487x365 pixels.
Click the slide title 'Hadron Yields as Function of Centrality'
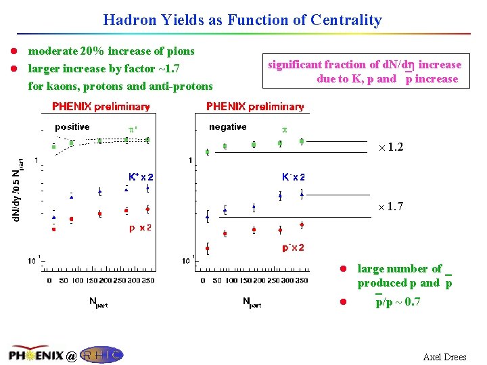tap(242, 20)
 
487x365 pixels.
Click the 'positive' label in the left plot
tap(72, 127)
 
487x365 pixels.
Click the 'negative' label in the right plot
tap(227, 127)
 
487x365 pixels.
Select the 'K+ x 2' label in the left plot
tap(141, 177)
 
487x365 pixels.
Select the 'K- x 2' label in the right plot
tap(293, 177)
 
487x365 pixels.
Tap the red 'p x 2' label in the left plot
tap(140, 228)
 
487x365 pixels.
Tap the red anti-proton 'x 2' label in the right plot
tap(293, 248)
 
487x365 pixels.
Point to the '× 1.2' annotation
tap(390, 147)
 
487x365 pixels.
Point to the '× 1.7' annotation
tap(390, 207)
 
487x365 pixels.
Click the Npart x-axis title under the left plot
tap(99, 301)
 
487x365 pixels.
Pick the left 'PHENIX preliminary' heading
tap(101, 107)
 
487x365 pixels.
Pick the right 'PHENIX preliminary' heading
tap(255, 107)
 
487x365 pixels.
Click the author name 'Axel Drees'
tap(444, 357)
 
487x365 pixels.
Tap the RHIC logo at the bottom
tap(101, 355)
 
